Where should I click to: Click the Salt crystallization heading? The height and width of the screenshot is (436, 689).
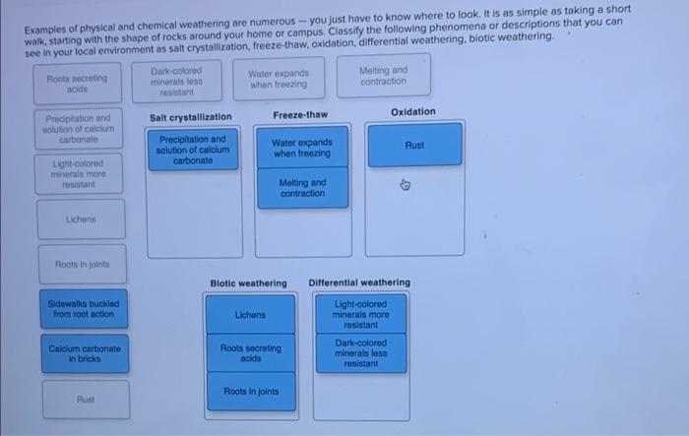190,117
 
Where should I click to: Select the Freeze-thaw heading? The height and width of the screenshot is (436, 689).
300,115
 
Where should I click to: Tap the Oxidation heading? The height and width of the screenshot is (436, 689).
413,112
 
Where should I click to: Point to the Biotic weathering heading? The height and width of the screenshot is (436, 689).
248,283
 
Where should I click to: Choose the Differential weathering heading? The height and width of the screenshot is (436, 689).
359,283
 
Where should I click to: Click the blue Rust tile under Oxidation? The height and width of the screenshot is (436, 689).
414,145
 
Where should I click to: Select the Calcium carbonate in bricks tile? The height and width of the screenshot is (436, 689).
85,353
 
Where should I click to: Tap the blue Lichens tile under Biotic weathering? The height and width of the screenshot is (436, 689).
250,315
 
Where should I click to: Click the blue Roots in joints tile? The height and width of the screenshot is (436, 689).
250,392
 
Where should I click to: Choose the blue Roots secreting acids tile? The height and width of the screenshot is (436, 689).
250,353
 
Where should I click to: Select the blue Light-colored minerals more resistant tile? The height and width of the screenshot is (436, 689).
361,314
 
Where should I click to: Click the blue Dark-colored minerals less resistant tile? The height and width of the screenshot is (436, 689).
361,353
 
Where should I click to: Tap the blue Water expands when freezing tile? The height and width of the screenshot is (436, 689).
302,149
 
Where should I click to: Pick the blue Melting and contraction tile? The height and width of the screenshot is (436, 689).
302,188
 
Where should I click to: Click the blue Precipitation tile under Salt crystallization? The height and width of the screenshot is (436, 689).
192,150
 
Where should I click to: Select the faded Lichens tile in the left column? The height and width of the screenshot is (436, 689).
85,218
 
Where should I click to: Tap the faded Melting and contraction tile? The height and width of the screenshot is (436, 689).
383,76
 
